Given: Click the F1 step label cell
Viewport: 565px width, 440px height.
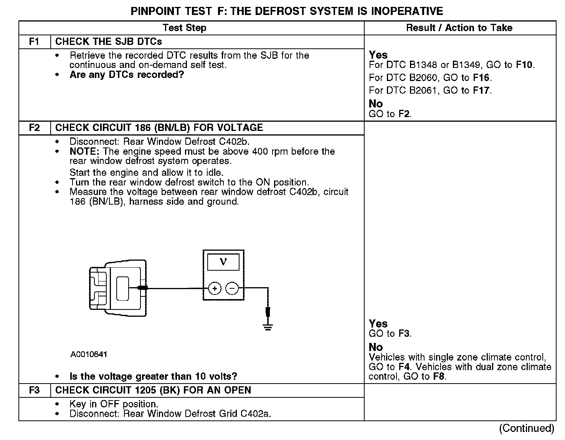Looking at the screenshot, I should [x=34, y=42].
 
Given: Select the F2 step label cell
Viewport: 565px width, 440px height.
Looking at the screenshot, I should [x=34, y=128].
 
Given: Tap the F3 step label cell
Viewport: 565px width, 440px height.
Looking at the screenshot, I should [x=34, y=390].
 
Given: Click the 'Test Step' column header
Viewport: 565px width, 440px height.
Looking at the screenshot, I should [x=184, y=28].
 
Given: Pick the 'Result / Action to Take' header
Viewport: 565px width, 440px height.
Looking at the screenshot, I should [x=459, y=28].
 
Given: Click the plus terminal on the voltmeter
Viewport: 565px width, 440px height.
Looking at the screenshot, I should [x=215, y=288].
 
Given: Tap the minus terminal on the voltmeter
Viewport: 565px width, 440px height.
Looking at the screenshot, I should [x=231, y=288].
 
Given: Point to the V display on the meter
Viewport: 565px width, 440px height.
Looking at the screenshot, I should [x=223, y=262].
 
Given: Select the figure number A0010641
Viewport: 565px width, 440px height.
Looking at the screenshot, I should [x=89, y=354].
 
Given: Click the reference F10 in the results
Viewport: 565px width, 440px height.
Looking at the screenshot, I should [x=525, y=65].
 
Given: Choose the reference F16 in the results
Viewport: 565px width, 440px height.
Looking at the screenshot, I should [x=481, y=78].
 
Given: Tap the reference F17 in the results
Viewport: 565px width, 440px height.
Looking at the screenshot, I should [x=481, y=91].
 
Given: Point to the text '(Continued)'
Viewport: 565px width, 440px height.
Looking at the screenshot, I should [x=527, y=428].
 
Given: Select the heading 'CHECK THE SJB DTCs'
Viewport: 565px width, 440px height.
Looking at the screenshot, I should [x=109, y=42].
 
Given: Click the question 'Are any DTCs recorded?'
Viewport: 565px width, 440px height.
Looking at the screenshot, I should [x=127, y=75].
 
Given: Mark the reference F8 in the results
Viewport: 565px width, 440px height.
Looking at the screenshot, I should [x=438, y=377].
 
